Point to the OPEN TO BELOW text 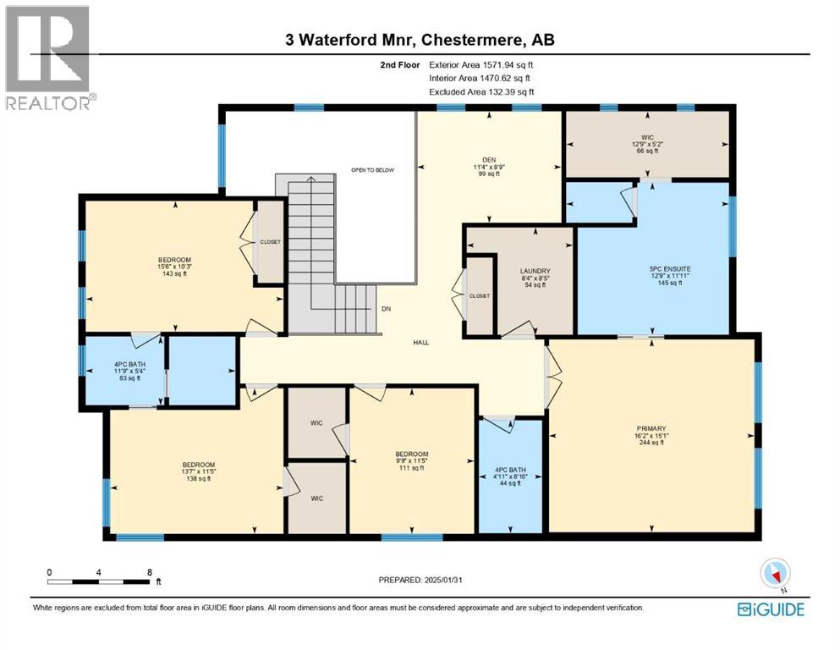[x=372, y=170]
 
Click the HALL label [x=420, y=343]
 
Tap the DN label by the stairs [x=385, y=309]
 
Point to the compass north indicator [x=776, y=574]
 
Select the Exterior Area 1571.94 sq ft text [x=481, y=63]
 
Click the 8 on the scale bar [x=150, y=571]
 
